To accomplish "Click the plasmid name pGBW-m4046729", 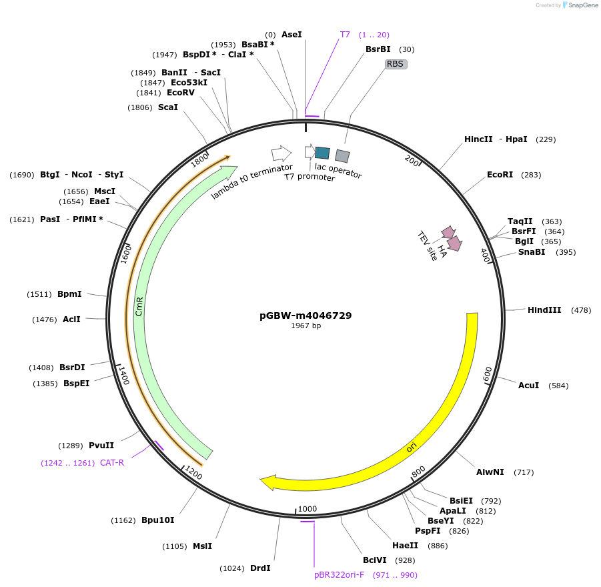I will [306, 316].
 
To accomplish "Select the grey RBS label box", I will [395, 64].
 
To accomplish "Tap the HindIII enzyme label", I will [544, 310].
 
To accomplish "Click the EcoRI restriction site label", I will [500, 175].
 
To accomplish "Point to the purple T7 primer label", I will [345, 34].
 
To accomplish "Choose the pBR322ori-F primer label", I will [339, 574].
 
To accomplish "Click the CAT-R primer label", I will [112, 462].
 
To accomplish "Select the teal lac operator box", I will [322, 153].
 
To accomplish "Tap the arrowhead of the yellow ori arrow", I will [269, 481].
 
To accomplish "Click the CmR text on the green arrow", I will [139, 307].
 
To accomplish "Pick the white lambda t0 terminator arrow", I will [281, 153].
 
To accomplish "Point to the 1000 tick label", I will [308, 508].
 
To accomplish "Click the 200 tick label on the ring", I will [412, 160].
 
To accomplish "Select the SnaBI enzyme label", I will [531, 252].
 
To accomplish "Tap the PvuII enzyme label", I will [101, 445].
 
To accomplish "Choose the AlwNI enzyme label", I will [490, 472].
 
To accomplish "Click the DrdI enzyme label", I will [260, 568].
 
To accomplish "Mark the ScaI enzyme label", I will [168, 107].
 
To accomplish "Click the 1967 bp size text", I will [306, 326].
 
